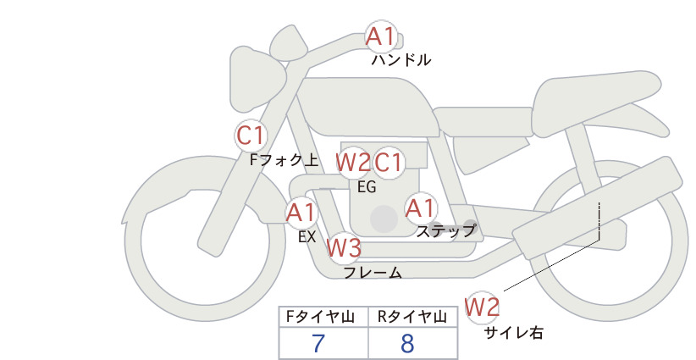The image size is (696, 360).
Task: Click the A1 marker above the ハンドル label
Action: click(381, 36)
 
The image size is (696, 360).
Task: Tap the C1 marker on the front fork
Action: click(251, 136)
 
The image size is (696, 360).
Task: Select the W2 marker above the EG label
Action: click(352, 163)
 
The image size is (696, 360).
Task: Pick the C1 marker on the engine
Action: click(388, 163)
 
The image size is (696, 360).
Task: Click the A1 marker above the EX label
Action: click(301, 213)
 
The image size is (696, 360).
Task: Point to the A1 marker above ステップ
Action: click(421, 208)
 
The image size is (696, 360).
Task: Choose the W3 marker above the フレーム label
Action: click(344, 247)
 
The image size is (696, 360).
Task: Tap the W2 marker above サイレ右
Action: click(482, 307)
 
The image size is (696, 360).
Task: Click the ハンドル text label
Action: click(401, 60)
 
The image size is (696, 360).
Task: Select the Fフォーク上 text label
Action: click(284, 160)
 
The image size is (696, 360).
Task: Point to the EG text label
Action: click(367, 187)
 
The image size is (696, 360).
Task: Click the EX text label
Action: click(307, 237)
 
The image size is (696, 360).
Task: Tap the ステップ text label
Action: click(445, 231)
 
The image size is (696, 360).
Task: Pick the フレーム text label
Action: click(373, 273)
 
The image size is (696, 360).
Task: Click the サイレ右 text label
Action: click(514, 333)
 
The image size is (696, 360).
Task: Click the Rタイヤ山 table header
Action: click(412, 317)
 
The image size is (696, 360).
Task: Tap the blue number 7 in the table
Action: click(318, 343)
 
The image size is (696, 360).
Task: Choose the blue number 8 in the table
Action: click(407, 343)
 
